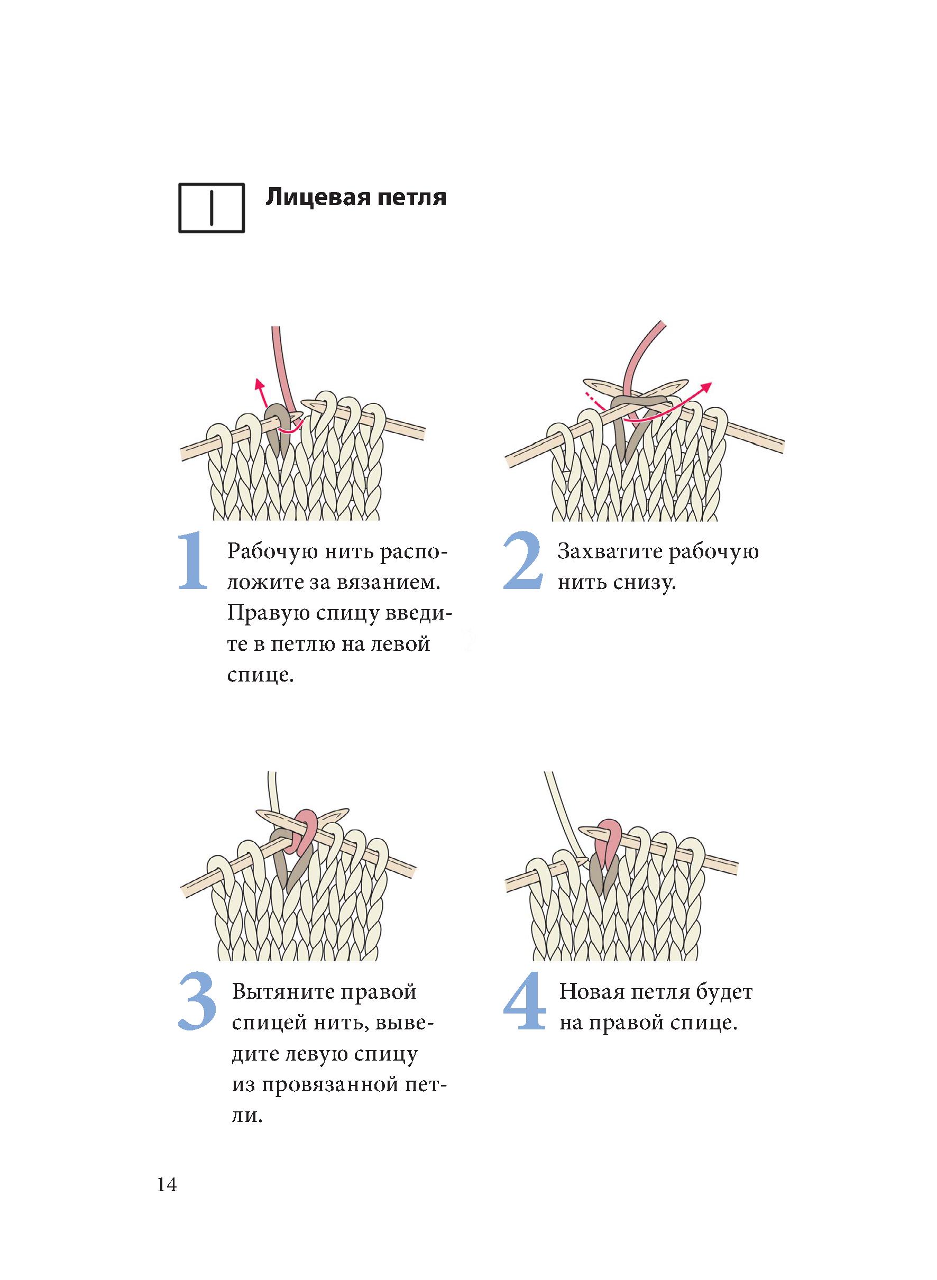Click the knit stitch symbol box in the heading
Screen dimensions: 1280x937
tap(212, 208)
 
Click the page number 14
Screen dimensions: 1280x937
tap(167, 1185)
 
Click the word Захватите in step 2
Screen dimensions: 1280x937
tap(609, 552)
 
